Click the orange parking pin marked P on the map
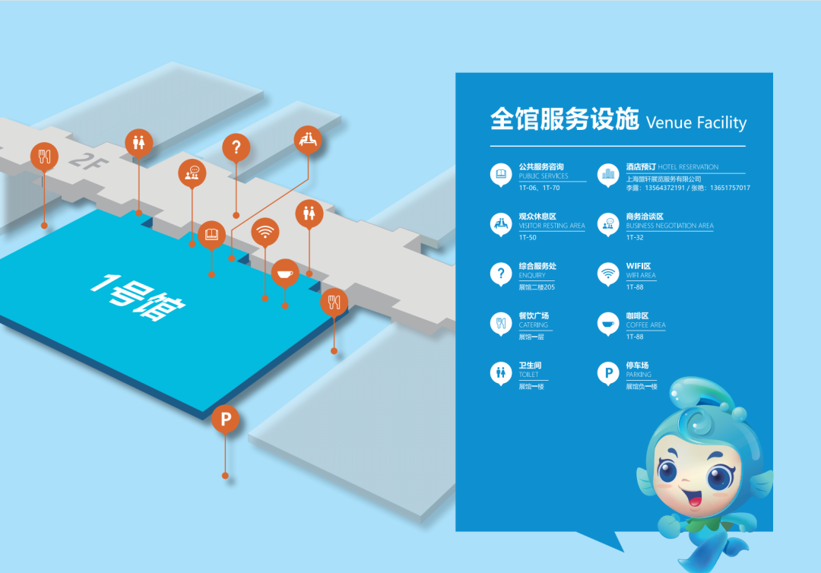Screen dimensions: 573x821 (225, 419)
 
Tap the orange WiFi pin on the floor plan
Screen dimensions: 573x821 (265, 232)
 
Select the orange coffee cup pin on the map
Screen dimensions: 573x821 (285, 273)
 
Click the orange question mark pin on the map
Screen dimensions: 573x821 (236, 147)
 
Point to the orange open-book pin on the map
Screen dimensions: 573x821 (211, 235)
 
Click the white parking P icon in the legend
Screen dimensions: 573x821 (607, 372)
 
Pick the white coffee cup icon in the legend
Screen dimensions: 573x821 (607, 323)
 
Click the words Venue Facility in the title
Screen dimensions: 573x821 (696, 123)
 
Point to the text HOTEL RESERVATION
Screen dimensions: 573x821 (688, 167)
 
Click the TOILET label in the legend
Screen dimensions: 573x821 (528, 375)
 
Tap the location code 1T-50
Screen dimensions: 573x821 (528, 237)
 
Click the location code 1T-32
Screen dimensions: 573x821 (635, 237)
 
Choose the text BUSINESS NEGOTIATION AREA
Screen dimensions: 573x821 (670, 226)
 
